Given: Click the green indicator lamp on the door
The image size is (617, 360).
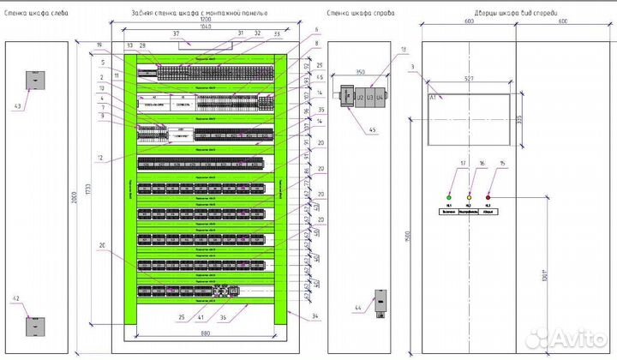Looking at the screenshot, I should [x=450, y=196].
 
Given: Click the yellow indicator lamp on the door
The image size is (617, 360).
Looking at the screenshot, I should [x=469, y=196].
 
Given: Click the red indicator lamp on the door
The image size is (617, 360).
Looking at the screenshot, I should [x=488, y=196].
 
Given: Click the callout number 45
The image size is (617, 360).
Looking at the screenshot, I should [x=372, y=129].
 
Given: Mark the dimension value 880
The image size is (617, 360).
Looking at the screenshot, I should [x=205, y=333].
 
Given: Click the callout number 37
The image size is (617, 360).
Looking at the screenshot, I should [x=177, y=35].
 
